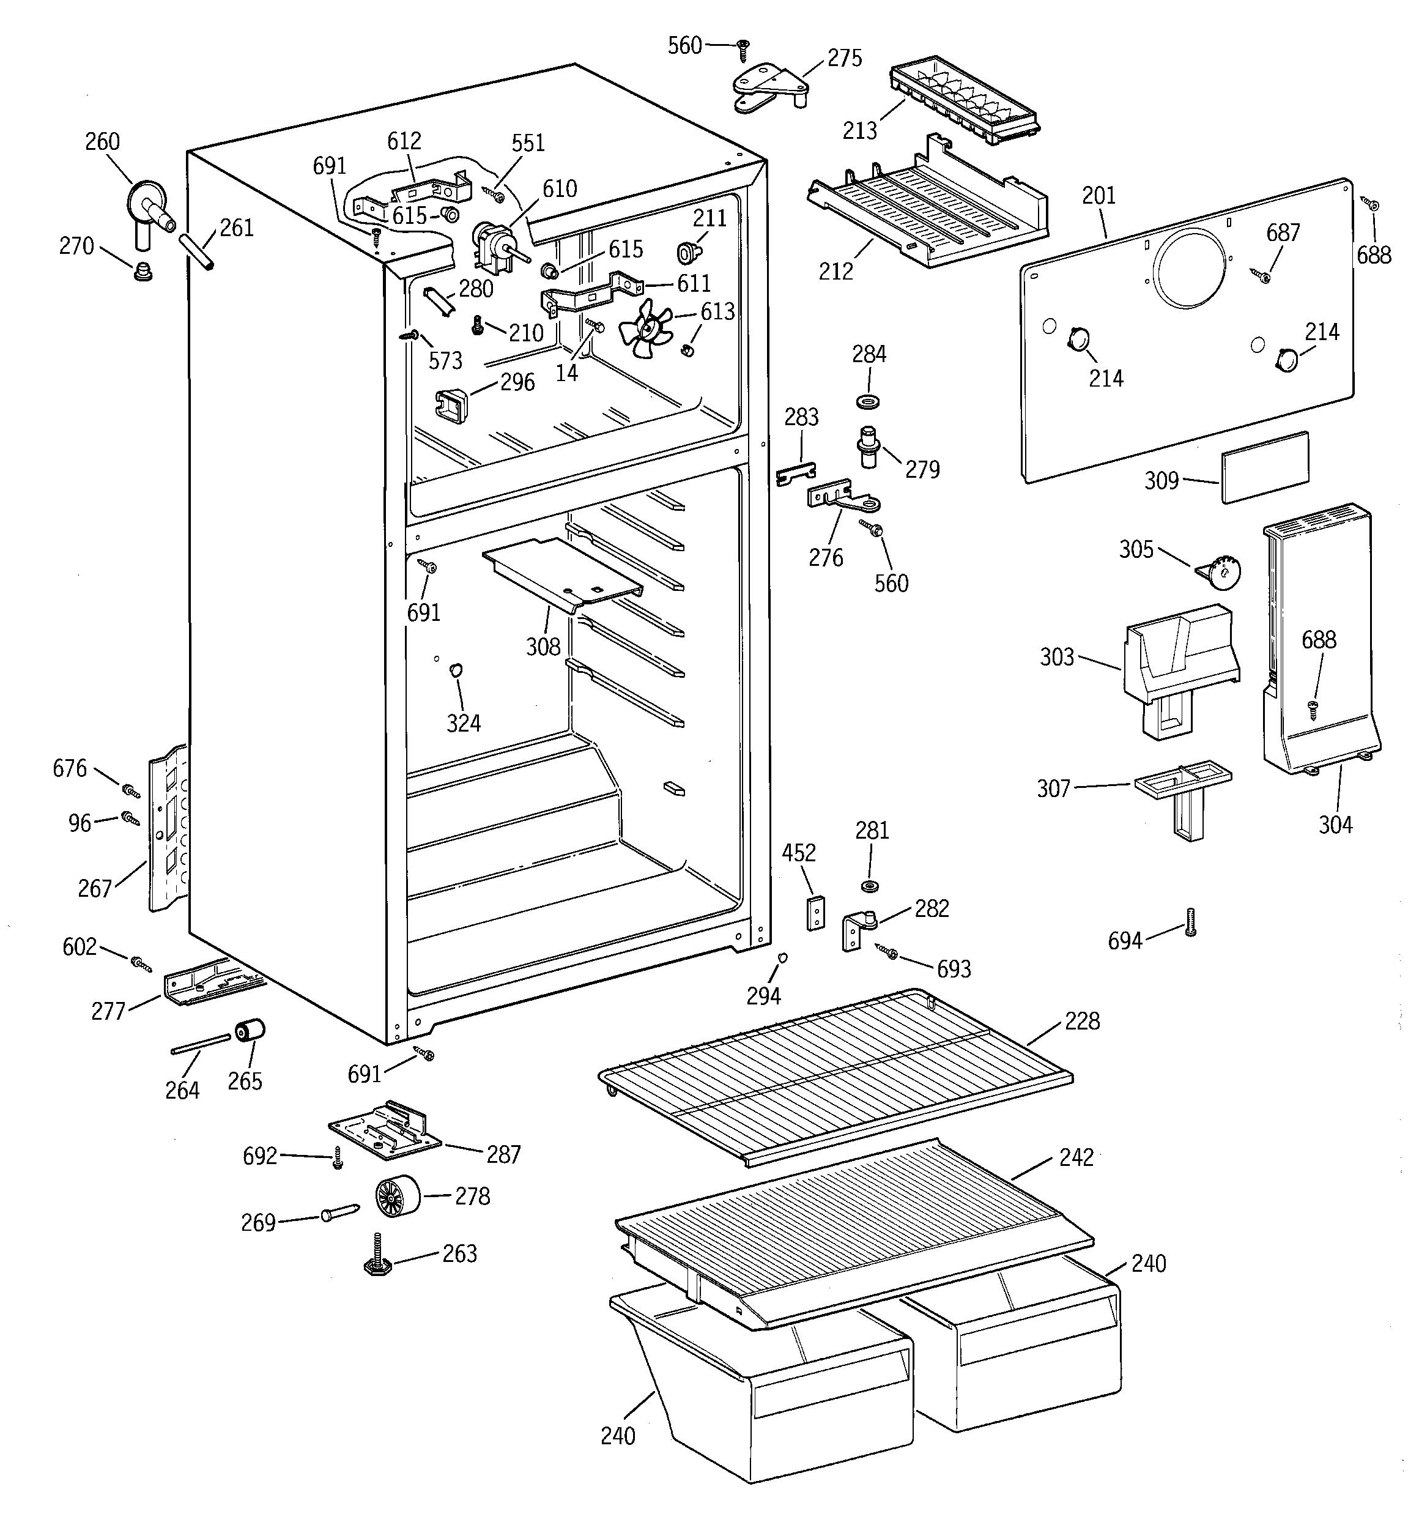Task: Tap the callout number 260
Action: (102, 142)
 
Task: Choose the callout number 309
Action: (1161, 481)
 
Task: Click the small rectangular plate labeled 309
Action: (1264, 467)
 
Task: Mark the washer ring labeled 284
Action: (867, 401)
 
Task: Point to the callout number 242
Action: (1075, 1157)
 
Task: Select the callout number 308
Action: (543, 647)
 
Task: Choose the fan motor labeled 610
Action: (491, 243)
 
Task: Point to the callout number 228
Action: (1081, 1022)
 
